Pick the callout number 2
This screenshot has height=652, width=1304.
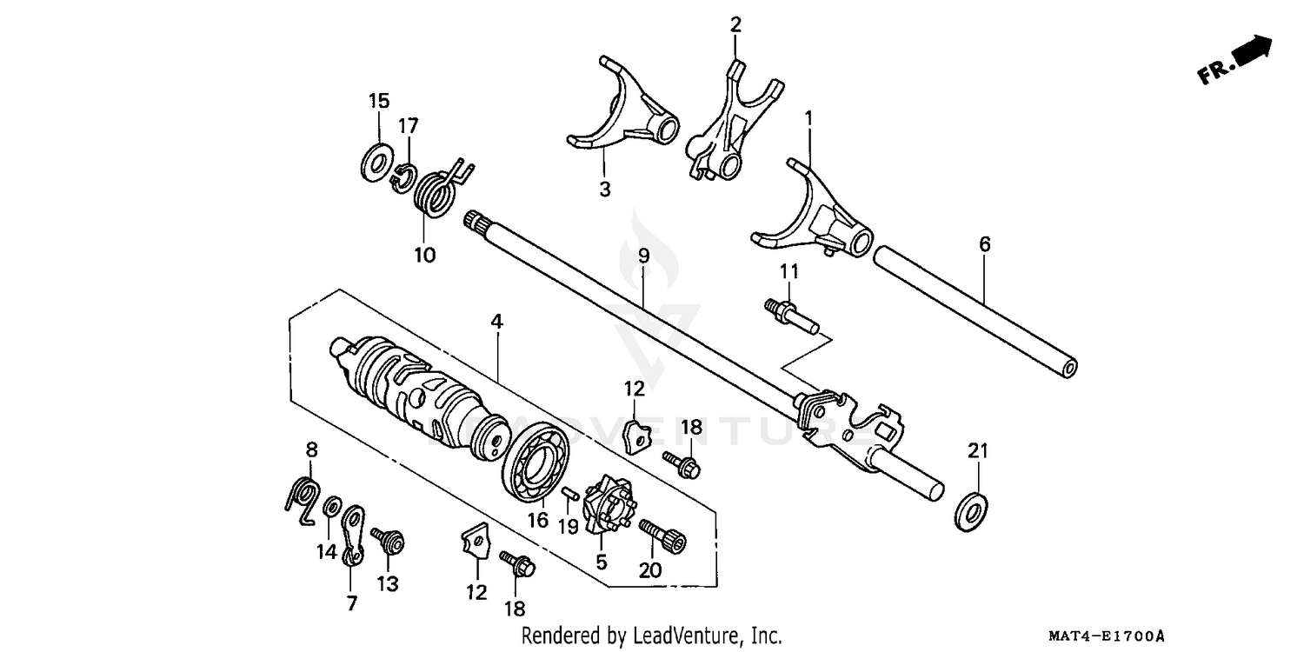click(735, 24)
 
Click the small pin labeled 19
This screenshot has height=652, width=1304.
click(571, 496)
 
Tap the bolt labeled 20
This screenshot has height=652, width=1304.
click(663, 536)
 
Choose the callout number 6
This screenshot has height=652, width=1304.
click(984, 244)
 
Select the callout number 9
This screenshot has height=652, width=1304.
click(643, 256)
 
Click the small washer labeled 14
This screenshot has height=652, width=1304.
click(331, 507)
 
